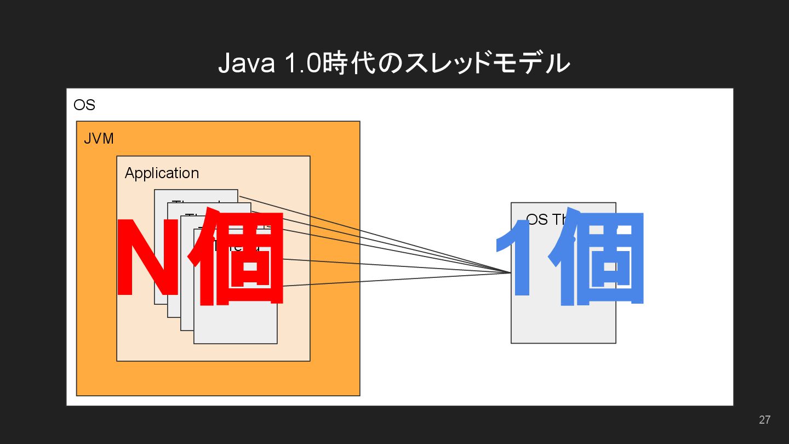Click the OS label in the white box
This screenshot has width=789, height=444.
[x=84, y=105]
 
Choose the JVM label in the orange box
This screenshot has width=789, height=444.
[x=99, y=139]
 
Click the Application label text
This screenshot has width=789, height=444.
[x=162, y=173]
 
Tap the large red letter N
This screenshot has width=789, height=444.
[x=148, y=258]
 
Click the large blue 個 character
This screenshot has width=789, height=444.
[x=603, y=258]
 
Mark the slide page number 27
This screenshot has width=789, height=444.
[x=764, y=420]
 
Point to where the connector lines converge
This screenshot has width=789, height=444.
[x=510, y=272]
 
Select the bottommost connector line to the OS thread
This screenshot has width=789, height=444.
[x=395, y=280]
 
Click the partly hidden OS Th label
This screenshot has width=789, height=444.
[x=542, y=219]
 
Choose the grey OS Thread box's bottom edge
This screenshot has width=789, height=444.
[x=563, y=343]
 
